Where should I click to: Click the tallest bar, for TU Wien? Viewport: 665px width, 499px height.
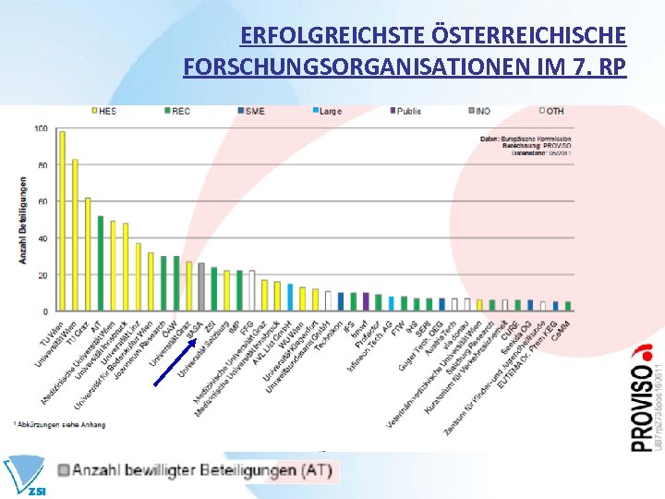click(62, 221)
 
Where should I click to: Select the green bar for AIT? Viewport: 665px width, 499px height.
click(100, 263)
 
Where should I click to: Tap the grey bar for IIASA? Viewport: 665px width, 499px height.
click(201, 286)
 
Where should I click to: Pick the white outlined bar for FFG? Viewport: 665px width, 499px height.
click(251, 290)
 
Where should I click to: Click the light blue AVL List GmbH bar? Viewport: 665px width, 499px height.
click(290, 297)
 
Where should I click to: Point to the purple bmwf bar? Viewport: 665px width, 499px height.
click(365, 301)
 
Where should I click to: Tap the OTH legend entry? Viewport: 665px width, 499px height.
click(551, 111)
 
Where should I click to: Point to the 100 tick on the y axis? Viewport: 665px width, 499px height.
click(41, 128)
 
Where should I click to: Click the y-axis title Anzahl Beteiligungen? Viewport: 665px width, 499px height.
click(22, 220)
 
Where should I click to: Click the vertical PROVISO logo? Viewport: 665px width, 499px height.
click(642, 397)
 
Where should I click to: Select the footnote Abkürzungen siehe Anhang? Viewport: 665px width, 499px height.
click(61, 425)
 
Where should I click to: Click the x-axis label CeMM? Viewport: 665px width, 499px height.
click(560, 328)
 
